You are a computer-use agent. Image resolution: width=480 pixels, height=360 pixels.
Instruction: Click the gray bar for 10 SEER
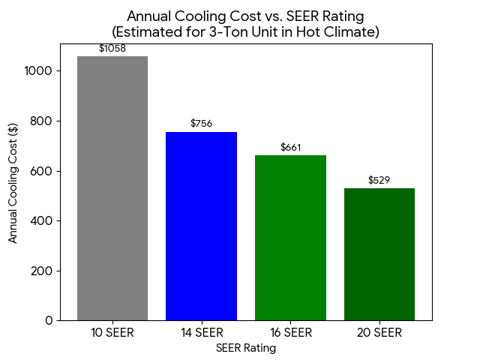[112, 188]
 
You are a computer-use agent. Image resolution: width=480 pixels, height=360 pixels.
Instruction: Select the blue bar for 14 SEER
[201, 226]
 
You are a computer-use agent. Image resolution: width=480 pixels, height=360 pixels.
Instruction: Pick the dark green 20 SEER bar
[379, 254]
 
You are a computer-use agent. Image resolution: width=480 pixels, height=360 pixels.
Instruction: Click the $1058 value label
[112, 49]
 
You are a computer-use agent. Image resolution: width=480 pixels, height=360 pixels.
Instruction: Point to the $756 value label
[201, 123]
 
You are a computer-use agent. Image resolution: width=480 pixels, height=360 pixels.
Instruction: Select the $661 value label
[290, 147]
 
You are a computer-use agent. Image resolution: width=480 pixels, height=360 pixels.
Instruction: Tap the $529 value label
[379, 180]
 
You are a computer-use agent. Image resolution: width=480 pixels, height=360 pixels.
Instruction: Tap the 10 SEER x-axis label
[112, 333]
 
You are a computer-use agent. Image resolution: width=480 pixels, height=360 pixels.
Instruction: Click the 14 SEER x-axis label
[201, 333]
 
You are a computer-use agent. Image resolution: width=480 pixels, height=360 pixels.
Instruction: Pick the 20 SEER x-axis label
[379, 333]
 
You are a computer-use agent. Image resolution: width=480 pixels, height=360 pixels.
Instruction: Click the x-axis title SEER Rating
[246, 348]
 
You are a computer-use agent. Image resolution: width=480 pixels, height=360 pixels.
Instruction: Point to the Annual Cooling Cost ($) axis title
[13, 183]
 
